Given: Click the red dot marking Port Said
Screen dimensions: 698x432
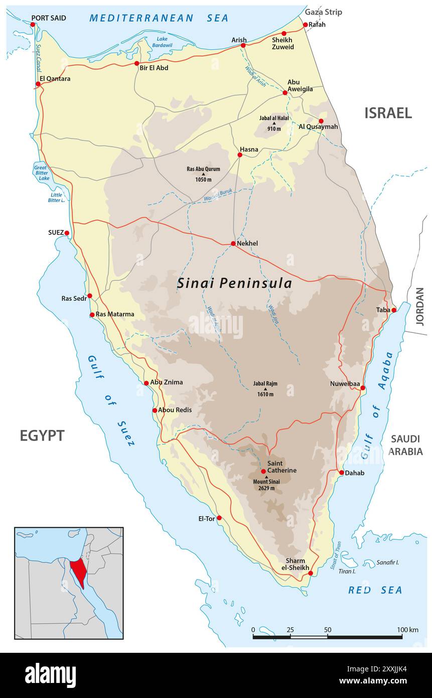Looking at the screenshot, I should (33, 24).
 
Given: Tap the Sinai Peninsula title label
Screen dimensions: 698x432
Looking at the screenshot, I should (234, 284).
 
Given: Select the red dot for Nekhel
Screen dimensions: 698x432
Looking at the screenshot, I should (233, 244).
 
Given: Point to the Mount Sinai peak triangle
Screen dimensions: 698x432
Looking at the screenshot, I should (266, 477).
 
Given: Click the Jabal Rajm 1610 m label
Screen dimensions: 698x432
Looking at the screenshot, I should (265, 389).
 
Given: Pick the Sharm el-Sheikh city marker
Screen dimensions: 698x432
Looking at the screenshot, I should (311, 573).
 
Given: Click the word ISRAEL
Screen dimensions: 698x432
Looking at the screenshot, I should (388, 113).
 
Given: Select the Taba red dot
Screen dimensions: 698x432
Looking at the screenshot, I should (394, 310).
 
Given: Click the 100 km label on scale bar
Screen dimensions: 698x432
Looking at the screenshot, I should (407, 630).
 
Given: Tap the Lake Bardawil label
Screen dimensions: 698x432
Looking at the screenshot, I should (162, 42).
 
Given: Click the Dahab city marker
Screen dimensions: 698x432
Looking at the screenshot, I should (342, 473).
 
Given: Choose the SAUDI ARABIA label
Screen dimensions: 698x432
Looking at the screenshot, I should (405, 445).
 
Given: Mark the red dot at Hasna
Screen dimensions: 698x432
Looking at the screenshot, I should (240, 155).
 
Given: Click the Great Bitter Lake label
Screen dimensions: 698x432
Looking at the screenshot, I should (41, 172).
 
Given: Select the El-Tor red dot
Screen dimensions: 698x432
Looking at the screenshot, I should (219, 518).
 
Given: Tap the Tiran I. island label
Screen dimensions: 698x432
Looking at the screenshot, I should (347, 571).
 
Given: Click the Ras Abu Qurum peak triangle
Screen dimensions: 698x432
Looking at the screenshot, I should (203, 174).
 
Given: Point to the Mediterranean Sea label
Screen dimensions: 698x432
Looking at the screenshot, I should (159, 18).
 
